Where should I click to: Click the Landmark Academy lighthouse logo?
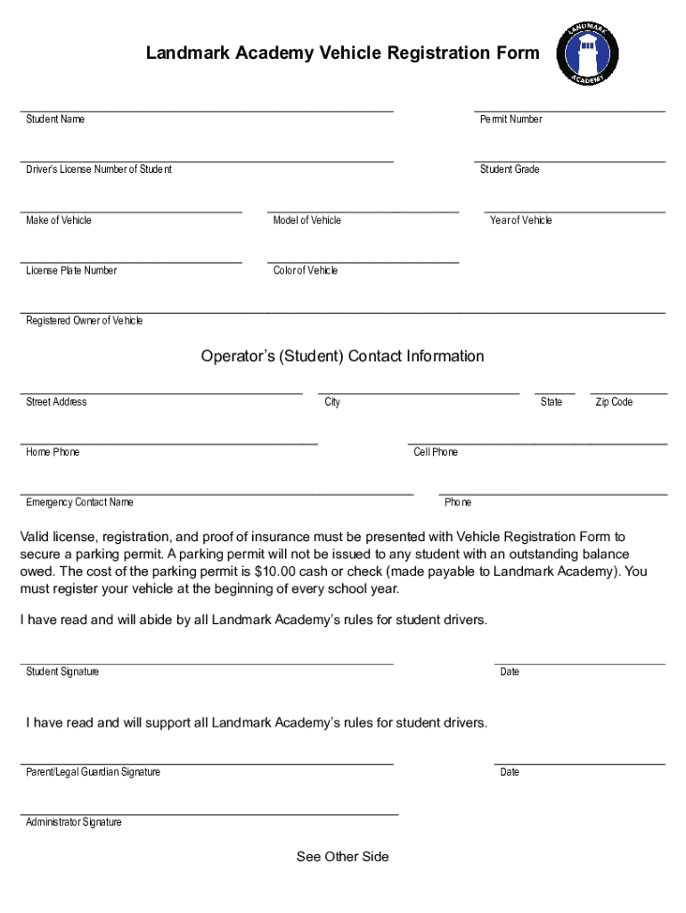pos(588,54)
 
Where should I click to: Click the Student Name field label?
pos(55,119)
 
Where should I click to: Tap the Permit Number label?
pos(510,119)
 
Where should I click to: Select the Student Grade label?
pos(510,169)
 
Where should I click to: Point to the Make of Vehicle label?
pos(59,220)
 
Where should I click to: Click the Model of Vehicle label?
pos(306,220)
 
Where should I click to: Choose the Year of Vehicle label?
pos(520,220)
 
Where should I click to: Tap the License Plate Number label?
pos(71,270)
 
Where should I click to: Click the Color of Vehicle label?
pos(306,270)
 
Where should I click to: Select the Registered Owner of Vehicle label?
pos(84,321)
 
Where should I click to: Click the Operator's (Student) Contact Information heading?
pos(342,357)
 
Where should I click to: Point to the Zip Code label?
pos(614,402)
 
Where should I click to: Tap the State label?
pos(551,402)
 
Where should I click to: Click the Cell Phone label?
pos(436,452)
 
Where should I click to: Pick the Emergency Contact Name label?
pos(79,502)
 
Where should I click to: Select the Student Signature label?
pos(62,671)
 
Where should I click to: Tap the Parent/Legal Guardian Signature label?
pos(93,772)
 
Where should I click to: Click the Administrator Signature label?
pos(74,822)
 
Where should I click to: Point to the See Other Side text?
pos(342,857)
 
